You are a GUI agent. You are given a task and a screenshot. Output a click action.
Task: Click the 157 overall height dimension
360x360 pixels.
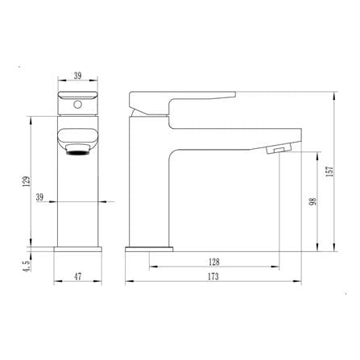(329, 172)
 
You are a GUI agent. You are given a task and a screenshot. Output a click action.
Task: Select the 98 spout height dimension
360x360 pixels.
(312, 201)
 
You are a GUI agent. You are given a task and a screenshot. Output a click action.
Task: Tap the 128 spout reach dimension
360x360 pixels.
(214, 262)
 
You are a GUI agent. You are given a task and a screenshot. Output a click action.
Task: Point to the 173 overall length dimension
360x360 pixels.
(213, 276)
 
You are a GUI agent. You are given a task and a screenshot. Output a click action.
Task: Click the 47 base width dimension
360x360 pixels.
(77, 276)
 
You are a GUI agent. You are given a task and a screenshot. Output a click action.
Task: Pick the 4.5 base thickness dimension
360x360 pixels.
(27, 266)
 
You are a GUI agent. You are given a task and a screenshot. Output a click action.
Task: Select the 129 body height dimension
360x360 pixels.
(27, 182)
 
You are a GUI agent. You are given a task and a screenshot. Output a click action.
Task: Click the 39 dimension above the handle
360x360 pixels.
(77, 76)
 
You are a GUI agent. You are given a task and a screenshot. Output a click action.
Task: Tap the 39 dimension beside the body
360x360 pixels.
(39, 197)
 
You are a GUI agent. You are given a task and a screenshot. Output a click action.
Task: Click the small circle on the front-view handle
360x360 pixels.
(77, 105)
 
